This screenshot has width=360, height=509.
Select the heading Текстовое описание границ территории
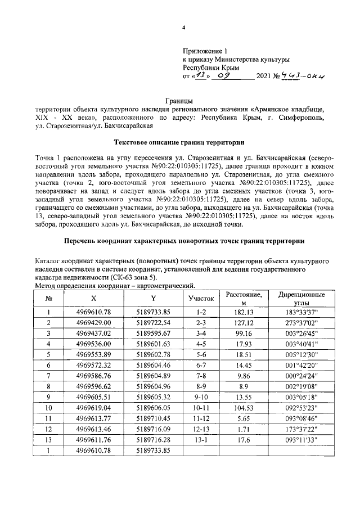tap(179, 142)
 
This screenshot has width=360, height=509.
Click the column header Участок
tap(201, 298)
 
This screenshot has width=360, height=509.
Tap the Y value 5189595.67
tap(154, 333)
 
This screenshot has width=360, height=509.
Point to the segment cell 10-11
tap(201, 408)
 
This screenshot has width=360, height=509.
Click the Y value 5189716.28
tap(154, 440)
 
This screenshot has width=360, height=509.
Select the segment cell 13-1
tap(201, 440)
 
